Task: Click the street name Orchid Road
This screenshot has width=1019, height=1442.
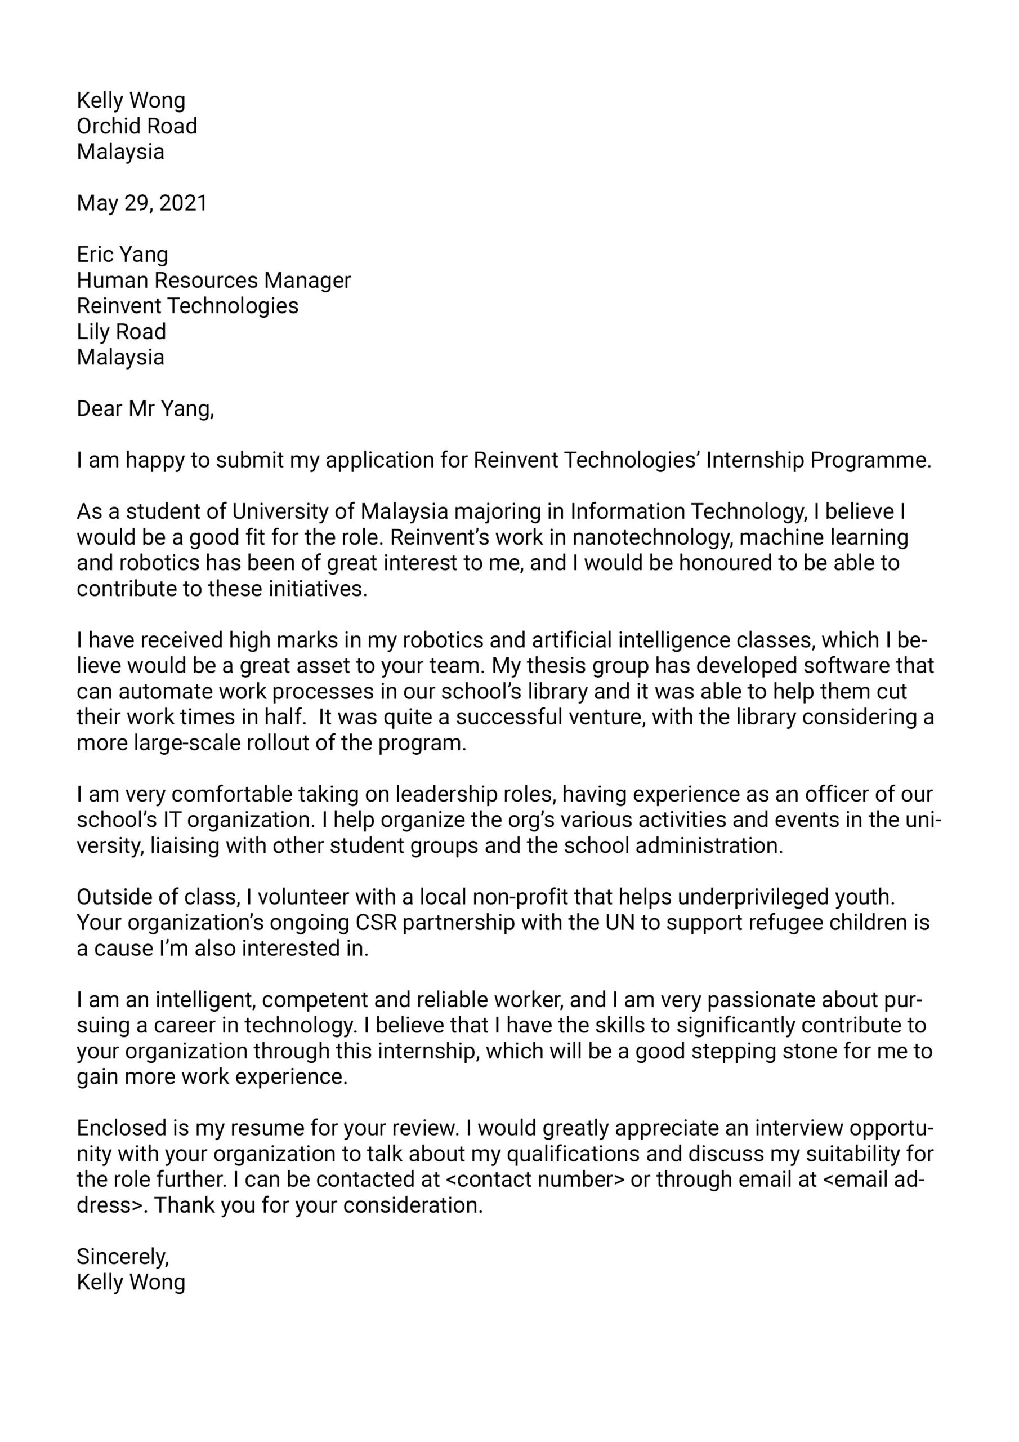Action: pyautogui.click(x=137, y=126)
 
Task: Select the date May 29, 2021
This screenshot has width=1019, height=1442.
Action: pyautogui.click(x=142, y=203)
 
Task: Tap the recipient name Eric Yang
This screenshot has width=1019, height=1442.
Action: pyautogui.click(x=122, y=255)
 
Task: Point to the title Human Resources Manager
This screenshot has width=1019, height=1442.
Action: pyautogui.click(x=213, y=280)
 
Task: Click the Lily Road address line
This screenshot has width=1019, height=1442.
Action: pyautogui.click(x=121, y=332)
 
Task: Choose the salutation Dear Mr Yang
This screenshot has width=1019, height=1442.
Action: pyautogui.click(x=145, y=409)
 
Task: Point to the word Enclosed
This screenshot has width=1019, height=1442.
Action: pyautogui.click(x=120, y=1128)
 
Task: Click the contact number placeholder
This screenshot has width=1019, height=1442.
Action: pyautogui.click(x=534, y=1180)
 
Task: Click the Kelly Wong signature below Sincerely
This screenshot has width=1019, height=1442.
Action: pyautogui.click(x=131, y=1283)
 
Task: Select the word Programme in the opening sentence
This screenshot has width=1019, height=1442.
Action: pyautogui.click(x=870, y=460)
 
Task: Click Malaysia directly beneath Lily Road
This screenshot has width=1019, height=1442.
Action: pyautogui.click(x=120, y=357)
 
